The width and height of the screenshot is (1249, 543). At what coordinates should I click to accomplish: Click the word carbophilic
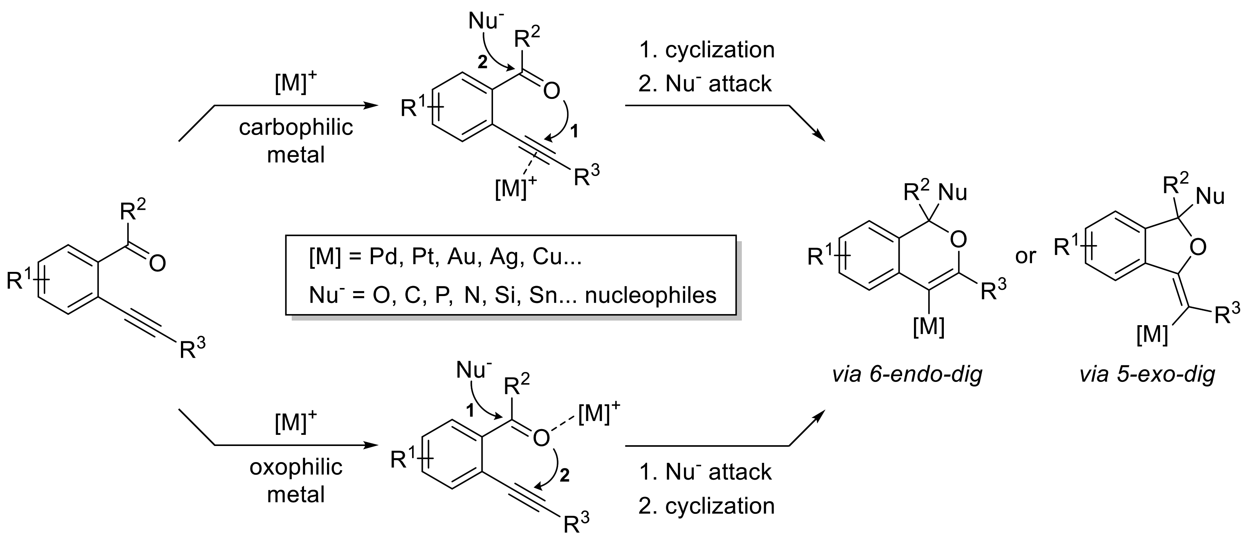pos(296,128)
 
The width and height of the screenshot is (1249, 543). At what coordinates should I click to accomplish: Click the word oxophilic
pos(296,467)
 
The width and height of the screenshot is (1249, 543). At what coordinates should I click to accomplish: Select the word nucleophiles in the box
pos(651,295)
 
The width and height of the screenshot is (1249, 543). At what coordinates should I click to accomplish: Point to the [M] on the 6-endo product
pos(929,328)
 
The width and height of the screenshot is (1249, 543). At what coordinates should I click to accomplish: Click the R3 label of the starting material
pos(192,348)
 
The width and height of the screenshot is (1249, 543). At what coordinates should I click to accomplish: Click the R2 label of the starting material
pos(132,212)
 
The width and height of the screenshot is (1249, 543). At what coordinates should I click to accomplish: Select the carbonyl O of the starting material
pos(157,264)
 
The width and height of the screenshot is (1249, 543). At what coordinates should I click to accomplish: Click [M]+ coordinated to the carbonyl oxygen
pos(598,413)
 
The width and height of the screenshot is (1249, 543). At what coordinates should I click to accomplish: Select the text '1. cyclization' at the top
pos(707,50)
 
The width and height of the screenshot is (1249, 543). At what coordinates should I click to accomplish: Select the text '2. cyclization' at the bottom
pos(707,506)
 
